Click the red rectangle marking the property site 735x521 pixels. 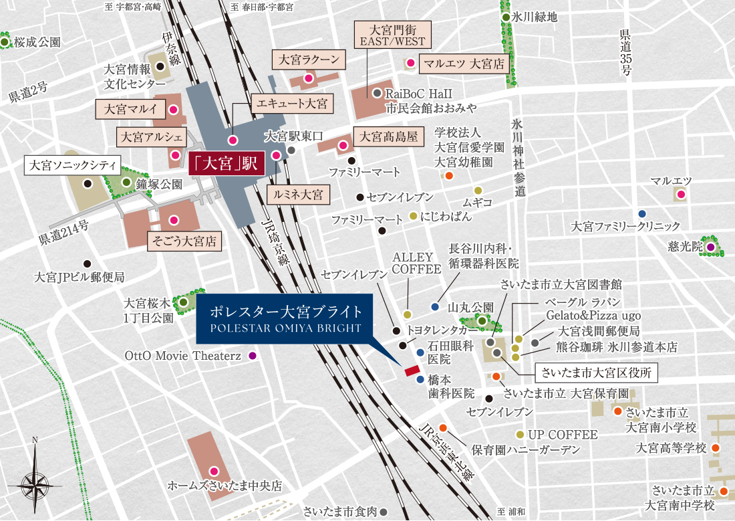[411, 371]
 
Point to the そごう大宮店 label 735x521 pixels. [184, 241]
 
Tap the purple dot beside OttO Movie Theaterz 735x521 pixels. [253, 356]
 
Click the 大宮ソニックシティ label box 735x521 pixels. [71, 165]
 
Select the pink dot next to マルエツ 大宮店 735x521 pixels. [410, 64]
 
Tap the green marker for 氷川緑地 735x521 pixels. [506, 17]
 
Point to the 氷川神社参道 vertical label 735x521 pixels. [519, 158]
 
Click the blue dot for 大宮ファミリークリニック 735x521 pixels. [642, 213]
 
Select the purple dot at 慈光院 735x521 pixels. [710, 247]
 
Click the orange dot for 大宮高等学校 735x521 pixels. [716, 447]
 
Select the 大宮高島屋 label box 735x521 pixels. [388, 136]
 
